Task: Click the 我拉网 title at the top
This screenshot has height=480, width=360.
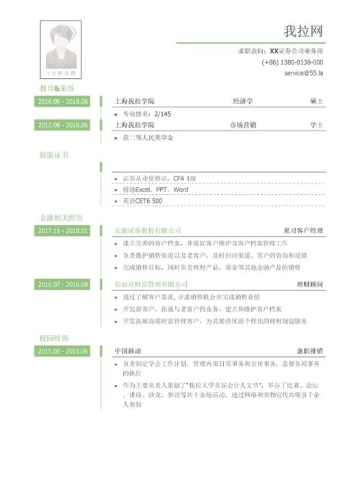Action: [303, 31]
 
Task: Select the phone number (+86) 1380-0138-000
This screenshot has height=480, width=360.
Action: [292, 62]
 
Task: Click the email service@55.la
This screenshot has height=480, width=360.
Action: [303, 72]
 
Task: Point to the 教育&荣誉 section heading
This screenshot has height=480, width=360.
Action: [57, 89]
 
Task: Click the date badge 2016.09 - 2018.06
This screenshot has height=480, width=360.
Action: [63, 102]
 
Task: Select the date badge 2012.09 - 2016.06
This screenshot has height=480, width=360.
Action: [63, 125]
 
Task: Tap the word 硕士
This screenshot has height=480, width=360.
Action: [316, 102]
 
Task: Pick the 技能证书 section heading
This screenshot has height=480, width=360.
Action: [54, 155]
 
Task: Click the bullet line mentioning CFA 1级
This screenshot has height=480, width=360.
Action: [159, 178]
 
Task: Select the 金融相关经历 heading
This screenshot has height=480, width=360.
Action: [61, 218]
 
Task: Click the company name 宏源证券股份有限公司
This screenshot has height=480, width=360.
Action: [148, 231]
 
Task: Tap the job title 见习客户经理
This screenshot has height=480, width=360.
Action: [303, 231]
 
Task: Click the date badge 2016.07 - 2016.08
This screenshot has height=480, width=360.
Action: [63, 284]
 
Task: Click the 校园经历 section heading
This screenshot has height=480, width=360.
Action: [54, 338]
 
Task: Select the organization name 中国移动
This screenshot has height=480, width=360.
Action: [128, 351]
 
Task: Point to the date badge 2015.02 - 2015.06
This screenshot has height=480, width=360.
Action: [63, 351]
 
